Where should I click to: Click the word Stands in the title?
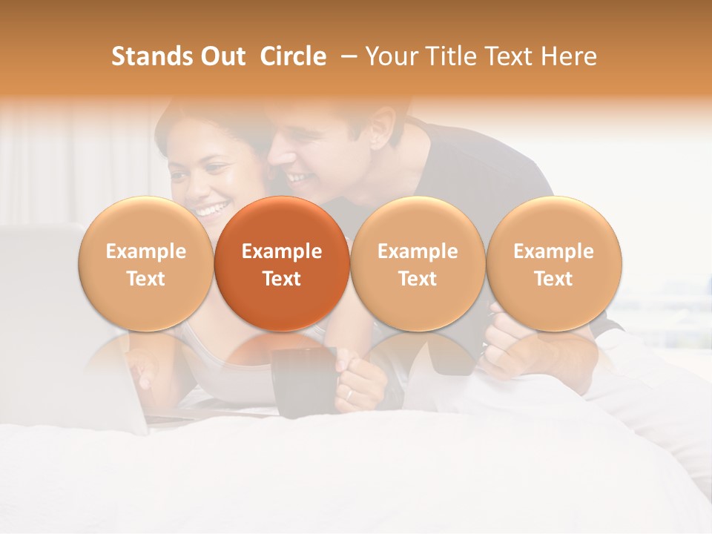pyautogui.click(x=147, y=56)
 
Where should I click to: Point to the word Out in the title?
pyautogui.click(x=222, y=56)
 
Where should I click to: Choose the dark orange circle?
pyautogui.click(x=282, y=264)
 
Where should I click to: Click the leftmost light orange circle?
pyautogui.click(x=145, y=264)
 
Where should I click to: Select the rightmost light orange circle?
pyautogui.click(x=553, y=264)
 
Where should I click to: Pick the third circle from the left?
pyautogui.click(x=418, y=264)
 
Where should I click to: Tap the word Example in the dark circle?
pyautogui.click(x=282, y=251)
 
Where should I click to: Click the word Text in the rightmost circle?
pyautogui.click(x=553, y=279)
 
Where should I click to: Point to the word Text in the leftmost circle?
pyautogui.click(x=145, y=279)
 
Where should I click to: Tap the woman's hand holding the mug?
pyautogui.click(x=360, y=382)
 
